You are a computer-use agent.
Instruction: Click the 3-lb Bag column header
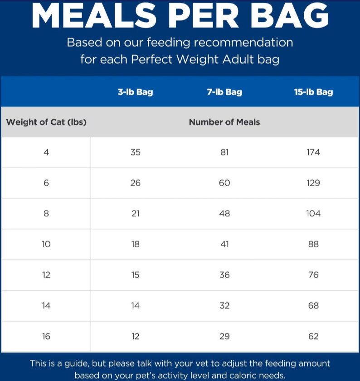click(x=135, y=92)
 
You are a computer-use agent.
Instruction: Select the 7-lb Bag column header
click(x=224, y=92)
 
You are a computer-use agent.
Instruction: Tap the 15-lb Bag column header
click(x=313, y=92)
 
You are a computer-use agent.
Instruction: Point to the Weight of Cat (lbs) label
click(x=46, y=122)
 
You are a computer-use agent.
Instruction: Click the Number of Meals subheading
click(x=224, y=122)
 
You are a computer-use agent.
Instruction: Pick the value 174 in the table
click(x=313, y=152)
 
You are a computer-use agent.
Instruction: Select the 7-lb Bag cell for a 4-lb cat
click(x=224, y=152)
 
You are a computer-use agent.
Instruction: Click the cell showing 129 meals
click(x=313, y=183)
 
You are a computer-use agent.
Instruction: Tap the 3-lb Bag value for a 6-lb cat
click(x=135, y=183)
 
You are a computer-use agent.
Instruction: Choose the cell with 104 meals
click(x=313, y=213)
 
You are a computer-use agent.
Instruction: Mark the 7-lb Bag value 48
click(x=224, y=213)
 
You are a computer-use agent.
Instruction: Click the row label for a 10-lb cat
click(x=46, y=244)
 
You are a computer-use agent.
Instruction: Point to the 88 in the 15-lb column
click(x=313, y=244)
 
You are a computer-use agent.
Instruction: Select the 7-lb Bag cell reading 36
click(x=224, y=275)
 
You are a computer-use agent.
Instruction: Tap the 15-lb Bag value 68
click(x=313, y=305)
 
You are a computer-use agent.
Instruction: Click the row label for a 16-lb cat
click(x=46, y=336)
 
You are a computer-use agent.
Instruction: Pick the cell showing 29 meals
click(x=224, y=336)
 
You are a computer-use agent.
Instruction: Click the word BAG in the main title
click(x=289, y=15)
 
